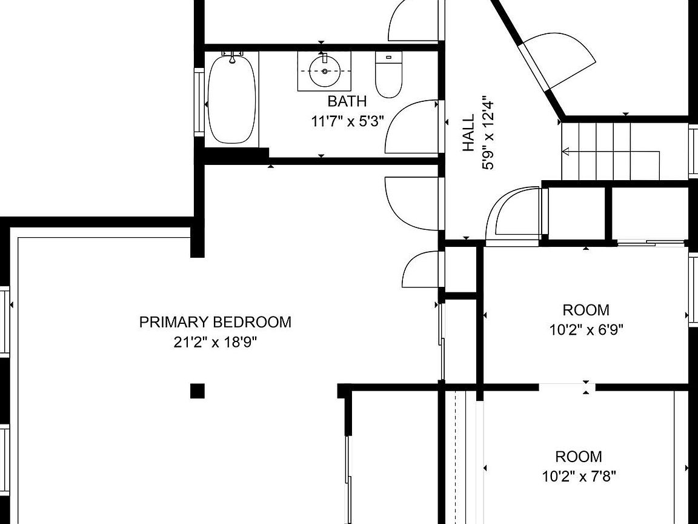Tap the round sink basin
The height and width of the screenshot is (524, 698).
pos(325,72)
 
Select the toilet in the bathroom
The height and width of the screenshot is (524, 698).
pos(388,75)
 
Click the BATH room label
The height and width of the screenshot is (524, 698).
pos(347,101)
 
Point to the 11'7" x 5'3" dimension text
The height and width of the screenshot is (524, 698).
pos(347,121)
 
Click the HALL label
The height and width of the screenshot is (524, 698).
pos(469,133)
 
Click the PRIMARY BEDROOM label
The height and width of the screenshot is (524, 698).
pos(216,321)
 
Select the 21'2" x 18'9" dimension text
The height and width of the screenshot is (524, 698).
pos(216,343)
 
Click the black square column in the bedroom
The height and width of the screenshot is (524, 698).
pos(198,391)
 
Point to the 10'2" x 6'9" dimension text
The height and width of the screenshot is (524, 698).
pos(587,330)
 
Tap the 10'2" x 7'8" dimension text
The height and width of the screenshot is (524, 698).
pos(579,477)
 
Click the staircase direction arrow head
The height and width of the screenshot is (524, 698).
pos(566,152)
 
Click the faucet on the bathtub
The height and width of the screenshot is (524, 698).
pos(233,56)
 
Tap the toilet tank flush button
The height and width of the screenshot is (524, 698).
pos(388,57)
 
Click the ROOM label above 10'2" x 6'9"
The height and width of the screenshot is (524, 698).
pos(587,310)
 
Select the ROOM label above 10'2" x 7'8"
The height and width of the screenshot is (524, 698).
pos(579,456)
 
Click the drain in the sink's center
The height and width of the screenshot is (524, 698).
pos(325,72)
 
